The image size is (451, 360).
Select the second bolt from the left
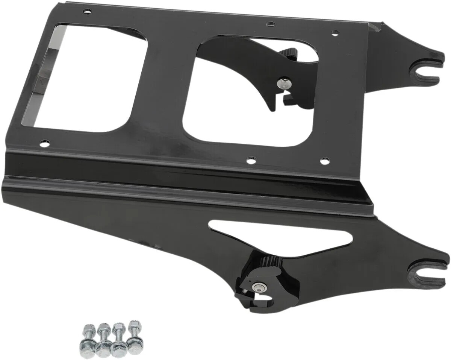103,341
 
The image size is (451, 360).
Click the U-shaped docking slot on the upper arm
423,70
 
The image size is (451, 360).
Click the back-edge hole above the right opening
270,24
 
